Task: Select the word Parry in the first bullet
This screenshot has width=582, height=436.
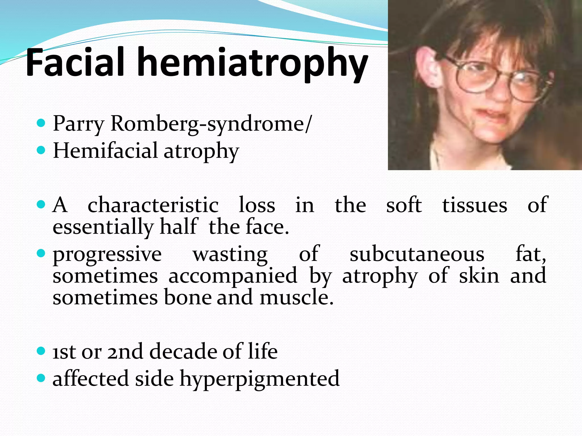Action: coord(79,124)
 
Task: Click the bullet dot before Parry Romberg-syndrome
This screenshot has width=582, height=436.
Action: coord(41,123)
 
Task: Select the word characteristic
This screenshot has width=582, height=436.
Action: coord(153,205)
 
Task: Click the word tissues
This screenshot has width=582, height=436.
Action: coord(475,205)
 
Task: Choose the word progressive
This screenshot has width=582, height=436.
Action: coord(107,254)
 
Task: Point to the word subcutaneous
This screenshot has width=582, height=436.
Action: coord(417,254)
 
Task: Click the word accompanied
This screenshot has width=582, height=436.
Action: coord(233,276)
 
